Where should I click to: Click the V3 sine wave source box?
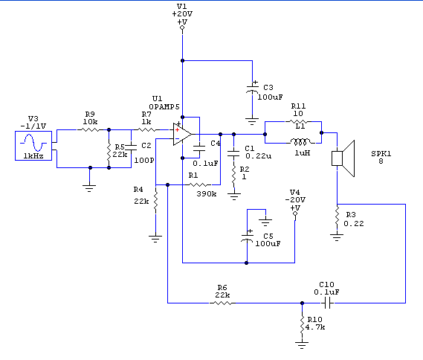pos(33,146)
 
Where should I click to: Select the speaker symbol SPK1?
pos(343,158)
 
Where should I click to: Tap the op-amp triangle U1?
pos(182,134)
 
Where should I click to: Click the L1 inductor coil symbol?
pos(300,141)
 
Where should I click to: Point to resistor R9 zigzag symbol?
pos(90,130)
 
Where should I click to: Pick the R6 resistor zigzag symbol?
pos(222,303)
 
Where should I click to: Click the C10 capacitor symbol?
pos(327,303)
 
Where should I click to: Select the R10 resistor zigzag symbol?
pos(302,325)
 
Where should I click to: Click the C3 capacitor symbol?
pos(252,88)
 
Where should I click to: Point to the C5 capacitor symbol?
pos(247,237)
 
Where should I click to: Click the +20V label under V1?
pos(182,14)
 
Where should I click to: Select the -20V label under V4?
pos(295,199)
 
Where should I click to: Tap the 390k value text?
pos(207,194)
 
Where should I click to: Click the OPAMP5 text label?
pos(164,107)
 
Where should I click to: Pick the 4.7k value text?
pos(314,327)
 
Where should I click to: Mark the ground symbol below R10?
pos(302,345)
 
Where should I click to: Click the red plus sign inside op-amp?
pos(177,130)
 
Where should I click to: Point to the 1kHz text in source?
pos(33,156)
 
